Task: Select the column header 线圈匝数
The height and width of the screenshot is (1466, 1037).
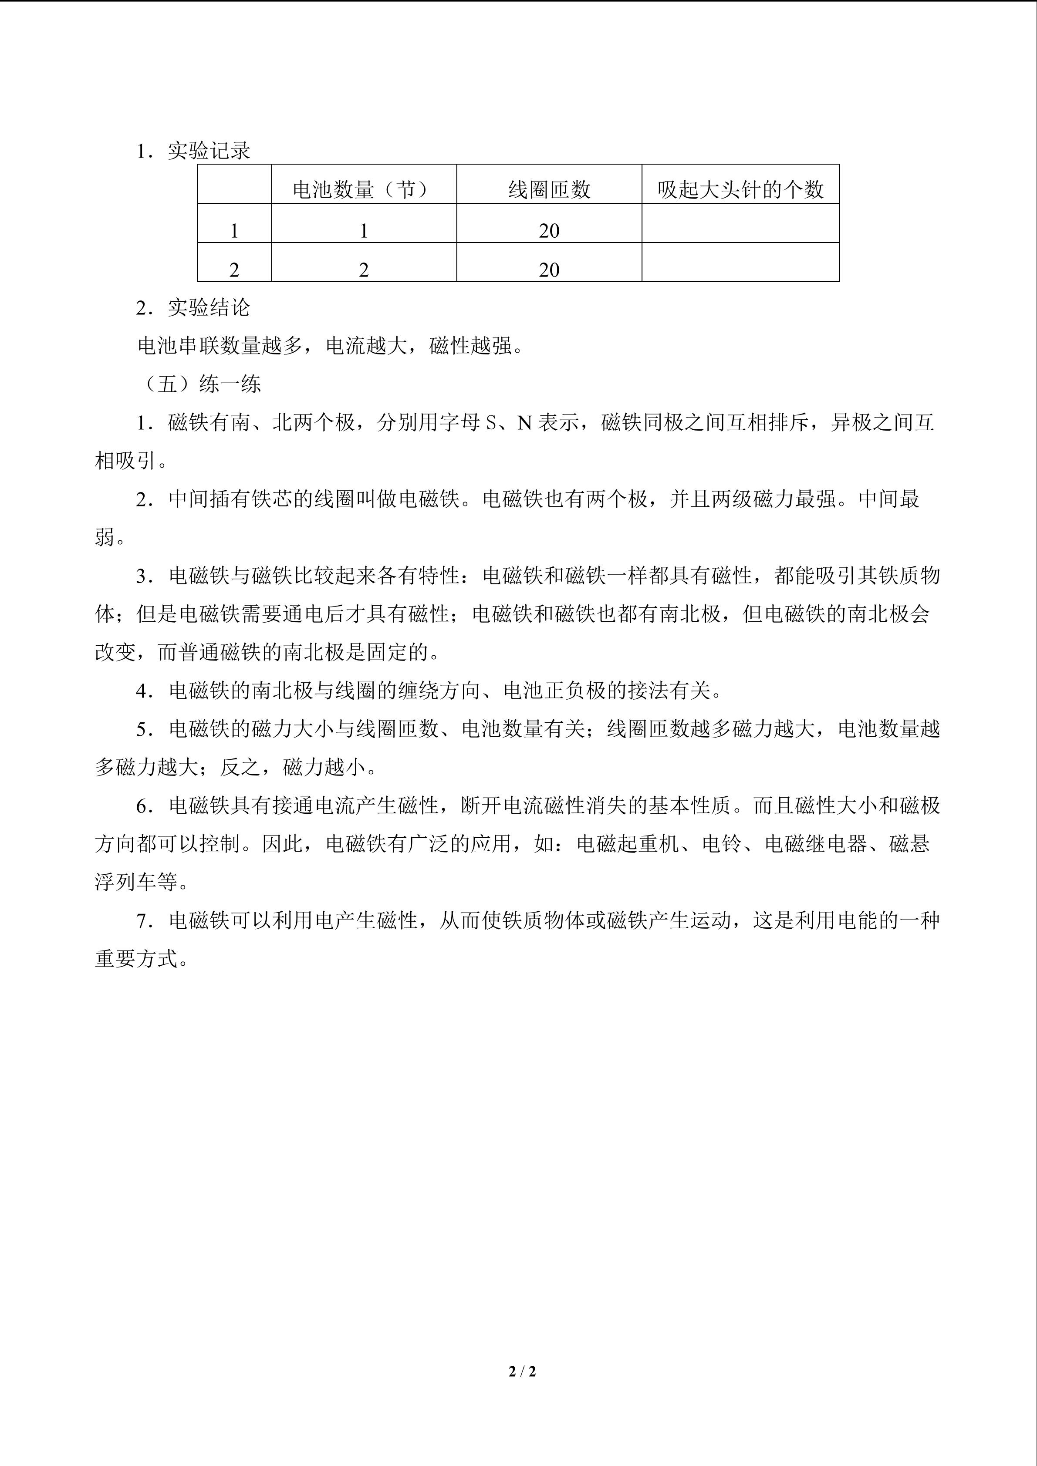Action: tap(548, 190)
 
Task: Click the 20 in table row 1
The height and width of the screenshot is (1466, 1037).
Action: tap(548, 230)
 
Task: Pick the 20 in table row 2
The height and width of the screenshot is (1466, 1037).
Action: tap(548, 270)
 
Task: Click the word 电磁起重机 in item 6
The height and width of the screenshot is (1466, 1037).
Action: tap(627, 844)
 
